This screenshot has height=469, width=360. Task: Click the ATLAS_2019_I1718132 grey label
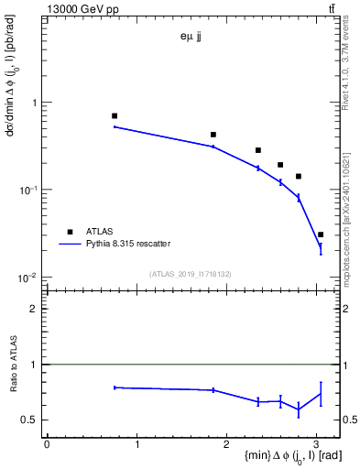tap(190, 274)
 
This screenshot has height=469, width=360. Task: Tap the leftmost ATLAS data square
tap(115, 116)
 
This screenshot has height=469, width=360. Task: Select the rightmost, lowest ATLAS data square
tap(321, 234)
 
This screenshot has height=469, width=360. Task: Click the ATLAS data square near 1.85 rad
tap(213, 135)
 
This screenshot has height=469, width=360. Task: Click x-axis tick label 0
tap(47, 443)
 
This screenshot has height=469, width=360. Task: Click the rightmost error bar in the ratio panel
tap(321, 394)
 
